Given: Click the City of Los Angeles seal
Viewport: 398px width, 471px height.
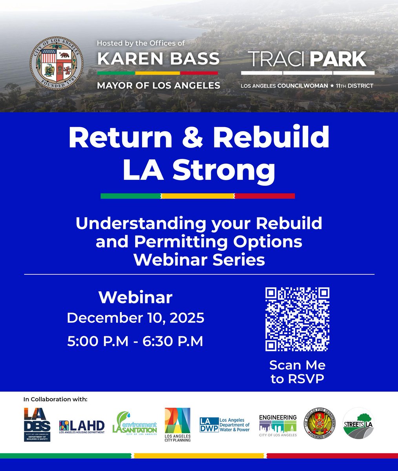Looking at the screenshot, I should tap(57, 65).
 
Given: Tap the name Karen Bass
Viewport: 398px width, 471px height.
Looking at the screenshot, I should tap(158, 59).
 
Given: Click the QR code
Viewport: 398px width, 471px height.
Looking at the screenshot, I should tap(297, 319).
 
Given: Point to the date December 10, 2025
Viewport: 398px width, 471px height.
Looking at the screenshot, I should tap(135, 318).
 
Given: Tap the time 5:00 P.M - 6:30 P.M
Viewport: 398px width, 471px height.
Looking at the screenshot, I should tap(135, 341).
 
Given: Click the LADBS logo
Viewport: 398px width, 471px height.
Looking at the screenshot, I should tap(37, 424).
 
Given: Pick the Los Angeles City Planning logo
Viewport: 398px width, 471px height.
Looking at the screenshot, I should tap(177, 425).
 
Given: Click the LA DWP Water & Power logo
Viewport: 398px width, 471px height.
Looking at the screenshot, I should tap(225, 425).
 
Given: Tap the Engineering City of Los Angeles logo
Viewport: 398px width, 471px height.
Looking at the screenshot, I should tap(278, 425).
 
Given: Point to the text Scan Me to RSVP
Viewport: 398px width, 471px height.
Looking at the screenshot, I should tap(297, 372).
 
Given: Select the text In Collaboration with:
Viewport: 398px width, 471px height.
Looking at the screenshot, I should tap(55, 400).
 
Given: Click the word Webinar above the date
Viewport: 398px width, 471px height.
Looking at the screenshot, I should tap(135, 297).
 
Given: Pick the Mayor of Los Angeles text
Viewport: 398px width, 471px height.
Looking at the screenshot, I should tap(159, 85).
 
